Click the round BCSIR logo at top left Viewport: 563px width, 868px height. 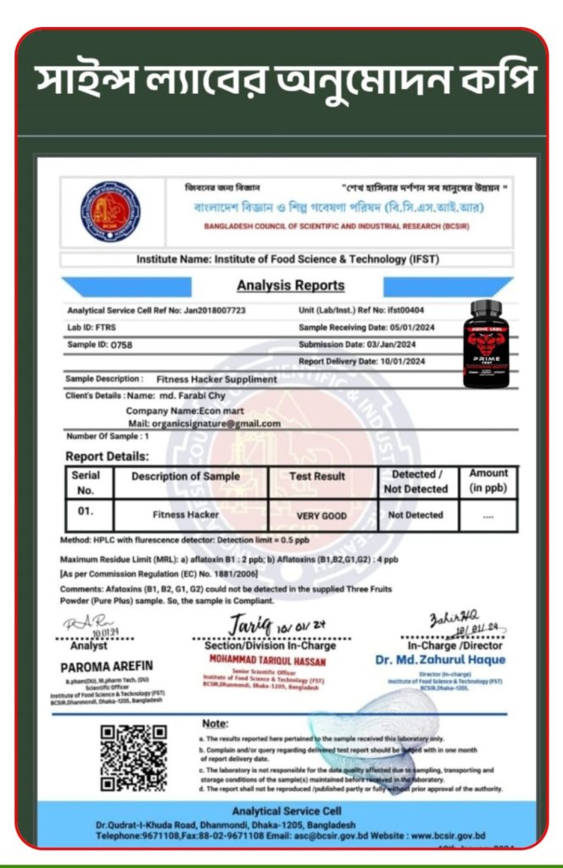(x=110, y=213)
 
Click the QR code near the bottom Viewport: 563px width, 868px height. (x=135, y=756)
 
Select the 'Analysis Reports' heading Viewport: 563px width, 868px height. (x=291, y=286)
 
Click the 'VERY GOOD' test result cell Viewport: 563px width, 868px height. (x=321, y=515)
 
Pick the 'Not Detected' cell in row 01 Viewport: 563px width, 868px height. (x=415, y=515)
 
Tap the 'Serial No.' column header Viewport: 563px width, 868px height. (x=86, y=482)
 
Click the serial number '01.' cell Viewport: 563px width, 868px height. (x=85, y=512)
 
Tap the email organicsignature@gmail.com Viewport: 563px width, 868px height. (x=204, y=423)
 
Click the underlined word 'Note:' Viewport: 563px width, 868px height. (x=215, y=723)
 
